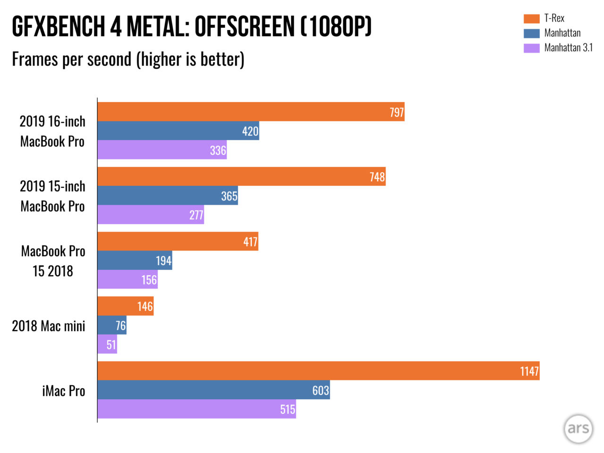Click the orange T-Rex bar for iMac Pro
[x=319, y=371]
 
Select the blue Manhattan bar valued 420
[x=178, y=131]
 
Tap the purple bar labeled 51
[x=107, y=344]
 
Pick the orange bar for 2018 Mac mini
[x=126, y=306]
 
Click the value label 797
[x=396, y=112]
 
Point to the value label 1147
[x=529, y=371]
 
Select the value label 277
[x=196, y=215]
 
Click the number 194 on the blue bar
[x=163, y=260]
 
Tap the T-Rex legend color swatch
[x=531, y=18]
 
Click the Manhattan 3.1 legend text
[x=568, y=48]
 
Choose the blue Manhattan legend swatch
[x=531, y=33]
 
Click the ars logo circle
[x=578, y=429]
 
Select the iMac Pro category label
[x=64, y=391]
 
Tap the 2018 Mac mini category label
[x=49, y=326]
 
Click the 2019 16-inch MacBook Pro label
[x=52, y=131]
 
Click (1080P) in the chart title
[x=336, y=26]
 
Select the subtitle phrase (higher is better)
[x=190, y=59]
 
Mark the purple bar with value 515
[x=197, y=409]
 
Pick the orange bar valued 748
[x=242, y=176]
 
